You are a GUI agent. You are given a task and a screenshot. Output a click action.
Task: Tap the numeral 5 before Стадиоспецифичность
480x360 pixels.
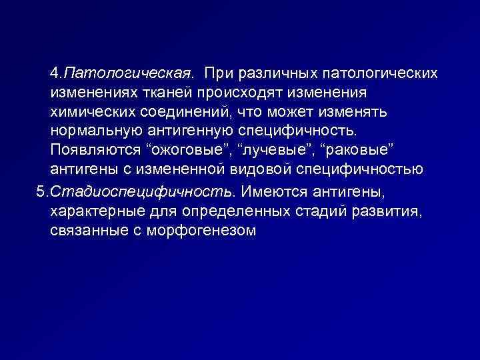coord(40,193)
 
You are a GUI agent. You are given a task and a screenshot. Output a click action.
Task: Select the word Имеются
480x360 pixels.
coord(269,193)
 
